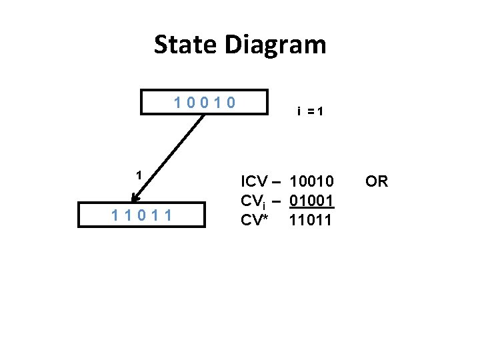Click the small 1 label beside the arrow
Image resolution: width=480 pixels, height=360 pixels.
tap(138, 175)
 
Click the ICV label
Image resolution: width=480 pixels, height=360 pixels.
tap(255, 182)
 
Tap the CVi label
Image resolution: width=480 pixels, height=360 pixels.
tap(254, 201)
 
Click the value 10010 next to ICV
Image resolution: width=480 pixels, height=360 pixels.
tap(311, 182)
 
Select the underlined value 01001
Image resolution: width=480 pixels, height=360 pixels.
tap(311, 201)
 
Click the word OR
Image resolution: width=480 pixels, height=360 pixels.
tap(377, 182)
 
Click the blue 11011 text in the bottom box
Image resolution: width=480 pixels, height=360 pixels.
tap(141, 215)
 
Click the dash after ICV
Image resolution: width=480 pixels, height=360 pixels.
tap(277, 182)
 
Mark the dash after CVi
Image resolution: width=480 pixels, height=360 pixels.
tap(277, 201)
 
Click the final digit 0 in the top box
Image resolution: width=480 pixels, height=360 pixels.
tap(231, 103)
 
